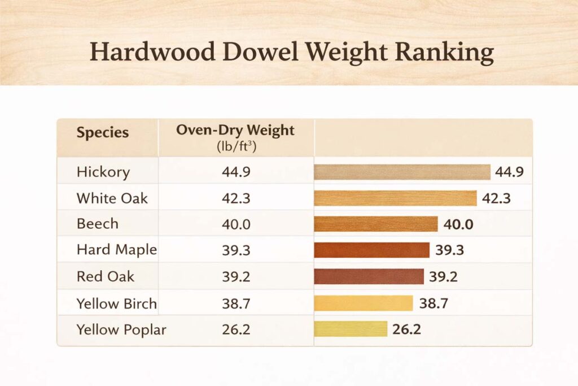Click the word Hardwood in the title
152,52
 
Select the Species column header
103,133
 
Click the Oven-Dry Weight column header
235,130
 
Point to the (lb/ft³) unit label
235,146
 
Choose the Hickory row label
103,172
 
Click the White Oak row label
112,198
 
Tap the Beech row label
98,224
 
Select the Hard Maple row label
116,250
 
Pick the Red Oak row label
106,276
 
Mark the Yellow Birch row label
116,303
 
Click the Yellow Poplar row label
121,329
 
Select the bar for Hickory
402,172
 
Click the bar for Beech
375,224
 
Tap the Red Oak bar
369,276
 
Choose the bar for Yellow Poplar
351,329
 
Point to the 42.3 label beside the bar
497,198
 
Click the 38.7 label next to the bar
433,303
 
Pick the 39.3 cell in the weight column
236,250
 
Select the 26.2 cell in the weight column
236,329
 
